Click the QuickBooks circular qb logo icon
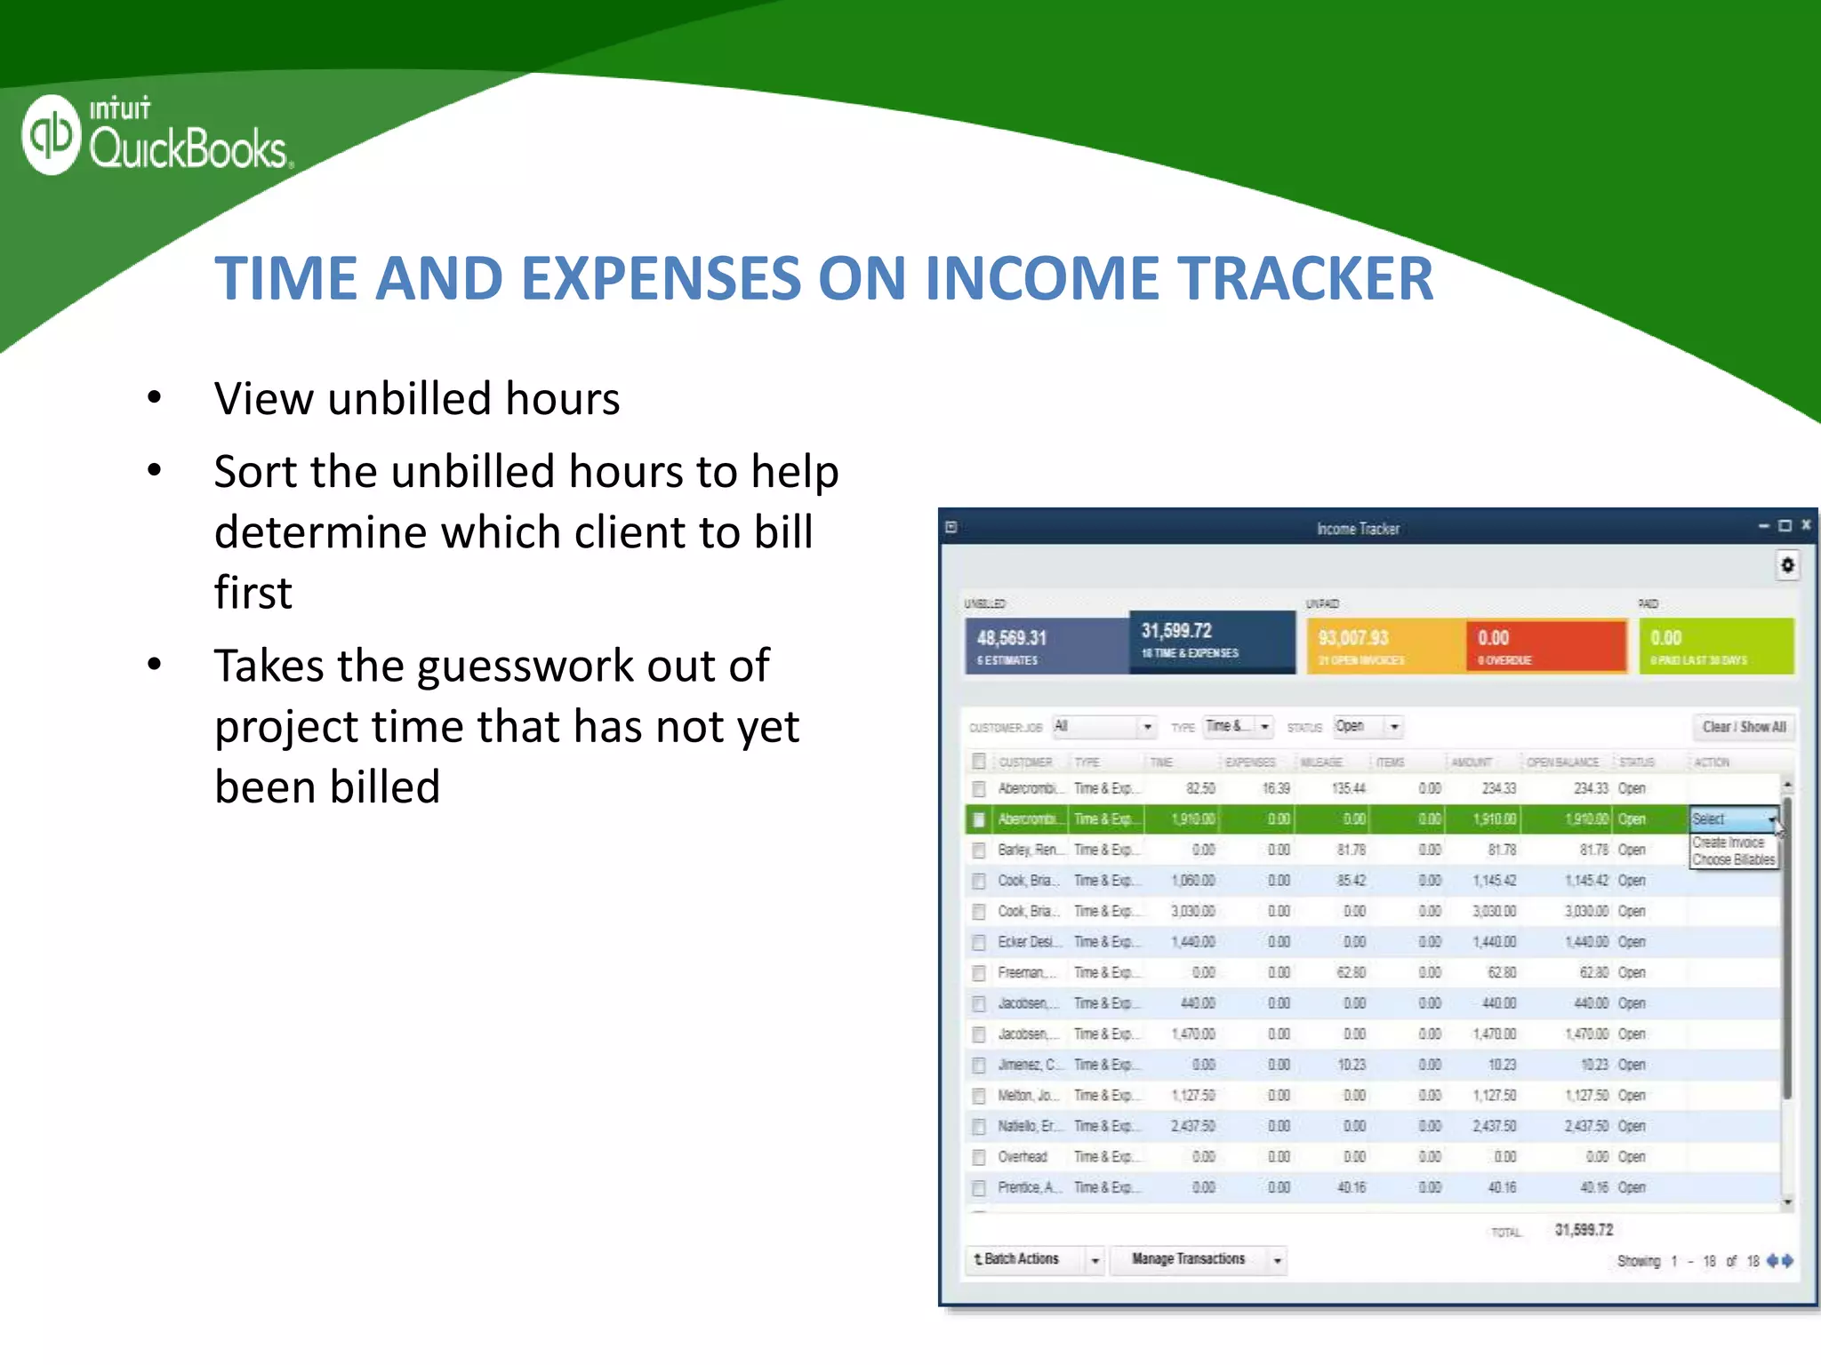tap(52, 134)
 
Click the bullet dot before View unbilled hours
tap(155, 397)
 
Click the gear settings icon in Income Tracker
tap(1787, 565)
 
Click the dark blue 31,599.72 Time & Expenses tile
tap(1211, 641)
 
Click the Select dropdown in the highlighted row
tap(1733, 819)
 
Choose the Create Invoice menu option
tap(1728, 842)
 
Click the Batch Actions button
tap(1023, 1259)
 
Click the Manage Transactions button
tap(1189, 1259)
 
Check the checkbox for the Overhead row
tap(979, 1157)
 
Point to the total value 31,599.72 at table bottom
tap(1583, 1230)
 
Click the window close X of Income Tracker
tap(1806, 525)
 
